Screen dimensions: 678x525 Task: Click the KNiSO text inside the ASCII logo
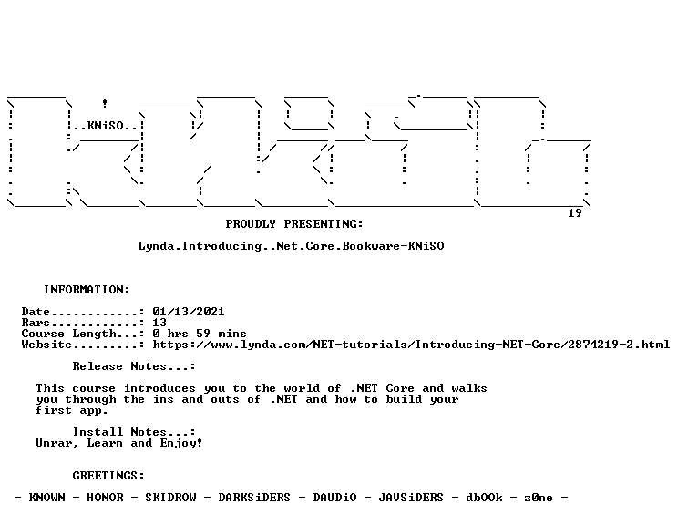106,126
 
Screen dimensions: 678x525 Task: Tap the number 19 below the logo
575,213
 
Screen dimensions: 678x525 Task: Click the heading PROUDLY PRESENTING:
294,224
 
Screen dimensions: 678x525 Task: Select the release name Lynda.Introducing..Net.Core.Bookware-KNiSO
291,246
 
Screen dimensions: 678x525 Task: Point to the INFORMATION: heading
87,290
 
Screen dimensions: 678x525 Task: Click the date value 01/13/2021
189,312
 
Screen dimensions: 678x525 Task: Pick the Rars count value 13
159,323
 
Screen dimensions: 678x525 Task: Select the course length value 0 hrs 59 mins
200,334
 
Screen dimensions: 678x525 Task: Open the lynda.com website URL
411,345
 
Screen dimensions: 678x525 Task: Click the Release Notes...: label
134,366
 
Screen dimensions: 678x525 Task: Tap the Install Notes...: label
134,432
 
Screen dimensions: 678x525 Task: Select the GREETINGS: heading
108,476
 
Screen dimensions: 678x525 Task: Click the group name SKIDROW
170,498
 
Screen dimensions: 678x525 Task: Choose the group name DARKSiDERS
254,498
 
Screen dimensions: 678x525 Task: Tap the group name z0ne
539,498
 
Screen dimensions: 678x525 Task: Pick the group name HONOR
105,498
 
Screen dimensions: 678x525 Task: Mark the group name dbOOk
484,498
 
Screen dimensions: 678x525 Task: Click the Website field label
46,345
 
